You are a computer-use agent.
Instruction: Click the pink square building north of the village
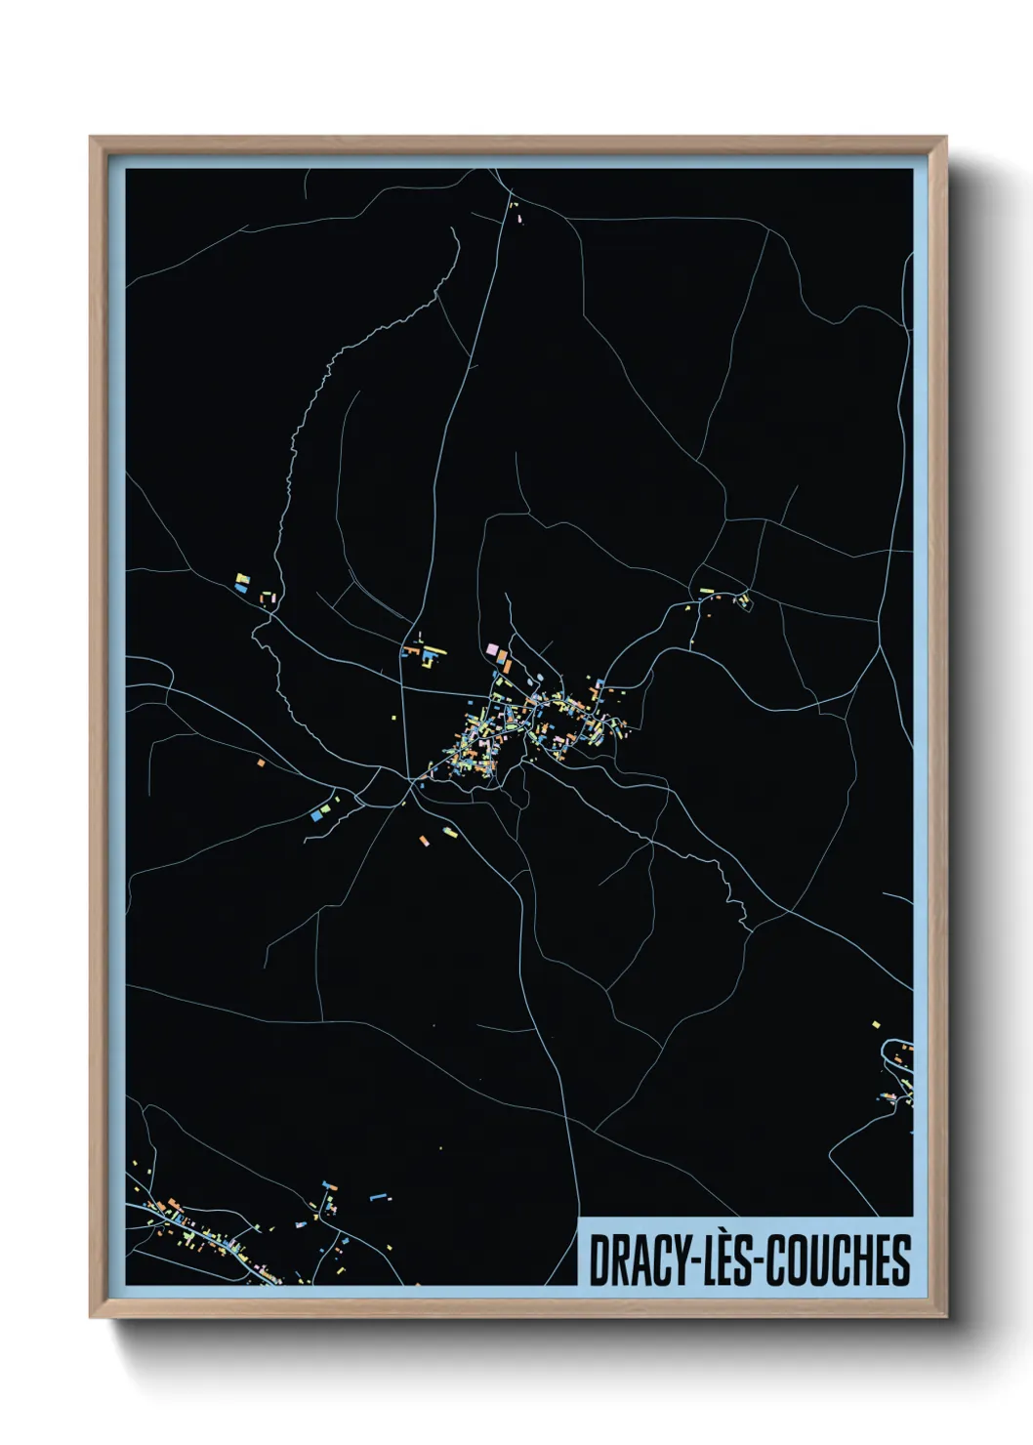pyautogui.click(x=493, y=649)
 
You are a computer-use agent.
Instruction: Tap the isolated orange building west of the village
pyautogui.click(x=261, y=762)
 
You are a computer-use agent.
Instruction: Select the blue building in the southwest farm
pyautogui.click(x=315, y=812)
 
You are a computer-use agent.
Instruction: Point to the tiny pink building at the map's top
pyautogui.click(x=518, y=221)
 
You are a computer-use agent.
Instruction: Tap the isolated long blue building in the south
pyautogui.click(x=379, y=1194)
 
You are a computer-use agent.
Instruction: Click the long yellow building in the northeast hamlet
pyautogui.click(x=706, y=592)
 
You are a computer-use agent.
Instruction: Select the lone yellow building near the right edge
pyautogui.click(x=876, y=1024)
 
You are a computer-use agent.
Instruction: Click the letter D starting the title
pyautogui.click(x=598, y=1260)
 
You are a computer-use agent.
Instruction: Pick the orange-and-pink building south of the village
pyautogui.click(x=424, y=839)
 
